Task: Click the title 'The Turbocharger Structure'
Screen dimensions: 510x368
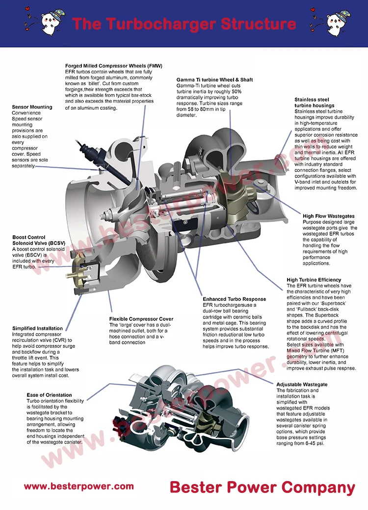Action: (x=184, y=24)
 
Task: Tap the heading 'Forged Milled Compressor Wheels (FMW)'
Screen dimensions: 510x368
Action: (x=114, y=66)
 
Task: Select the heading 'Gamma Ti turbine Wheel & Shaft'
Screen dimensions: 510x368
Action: (x=214, y=79)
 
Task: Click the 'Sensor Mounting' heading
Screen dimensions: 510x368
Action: (x=32, y=107)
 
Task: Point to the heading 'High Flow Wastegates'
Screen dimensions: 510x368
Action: (x=328, y=216)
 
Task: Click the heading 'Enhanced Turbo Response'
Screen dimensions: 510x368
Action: (x=234, y=299)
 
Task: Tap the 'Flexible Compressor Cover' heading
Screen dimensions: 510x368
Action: (x=141, y=319)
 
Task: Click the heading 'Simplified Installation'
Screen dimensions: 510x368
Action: (x=37, y=328)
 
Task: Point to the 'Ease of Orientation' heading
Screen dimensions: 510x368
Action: (x=49, y=395)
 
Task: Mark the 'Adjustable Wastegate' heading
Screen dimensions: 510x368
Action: (x=302, y=385)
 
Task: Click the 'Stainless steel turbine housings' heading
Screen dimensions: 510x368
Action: (x=315, y=102)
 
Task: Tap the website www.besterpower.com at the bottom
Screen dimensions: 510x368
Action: (x=79, y=486)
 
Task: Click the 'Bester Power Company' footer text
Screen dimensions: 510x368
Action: (x=262, y=487)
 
